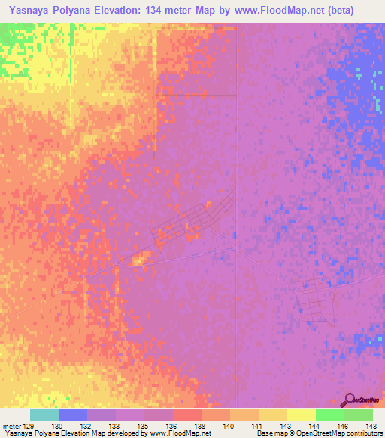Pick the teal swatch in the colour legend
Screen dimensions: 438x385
[x=44, y=415]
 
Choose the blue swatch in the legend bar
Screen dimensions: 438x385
[x=73, y=415]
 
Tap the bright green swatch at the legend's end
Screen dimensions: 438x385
[x=359, y=415]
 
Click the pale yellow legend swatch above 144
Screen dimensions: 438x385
[x=302, y=415]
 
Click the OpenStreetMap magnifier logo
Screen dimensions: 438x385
[x=350, y=400]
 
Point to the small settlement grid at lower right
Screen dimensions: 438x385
[x=316, y=304]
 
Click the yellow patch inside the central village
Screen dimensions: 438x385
[x=138, y=260]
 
